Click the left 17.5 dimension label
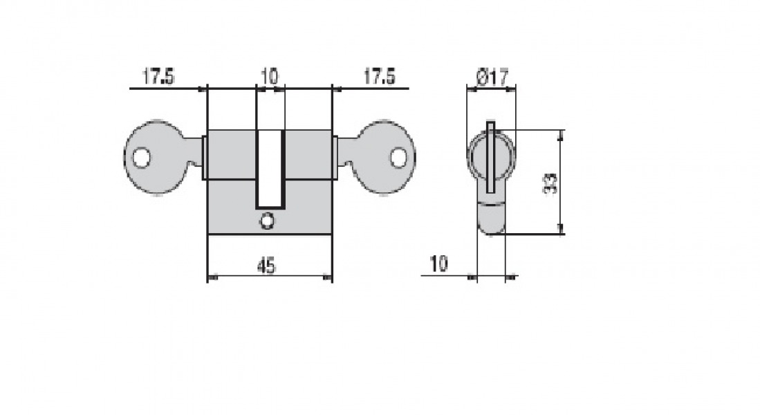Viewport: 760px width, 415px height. point(158,76)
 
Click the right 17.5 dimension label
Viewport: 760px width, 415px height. point(379,76)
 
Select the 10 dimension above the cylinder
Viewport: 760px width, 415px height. point(269,75)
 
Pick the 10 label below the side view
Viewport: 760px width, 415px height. point(438,264)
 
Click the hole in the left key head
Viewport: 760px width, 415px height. point(142,158)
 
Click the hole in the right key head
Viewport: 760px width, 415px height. point(398,158)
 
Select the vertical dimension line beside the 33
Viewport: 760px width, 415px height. point(561,182)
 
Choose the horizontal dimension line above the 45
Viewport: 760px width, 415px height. point(270,278)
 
